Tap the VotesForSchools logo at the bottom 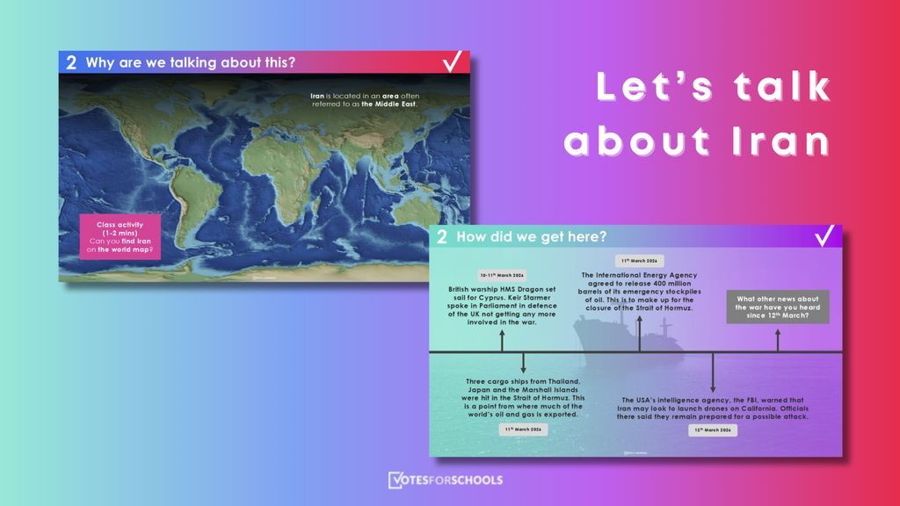[445, 481]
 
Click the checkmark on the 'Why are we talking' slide [453, 61]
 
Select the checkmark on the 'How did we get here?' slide [824, 236]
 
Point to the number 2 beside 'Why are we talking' [71, 62]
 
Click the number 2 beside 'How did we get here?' [442, 236]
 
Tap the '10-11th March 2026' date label [503, 275]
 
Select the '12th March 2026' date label [712, 431]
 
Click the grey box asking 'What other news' [777, 306]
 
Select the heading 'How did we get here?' [531, 236]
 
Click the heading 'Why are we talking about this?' [190, 62]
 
